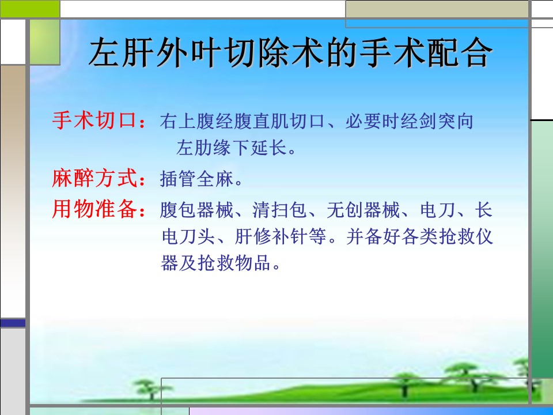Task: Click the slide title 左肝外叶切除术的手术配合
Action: (290, 53)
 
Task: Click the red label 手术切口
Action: (94, 120)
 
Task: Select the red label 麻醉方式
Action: (94, 178)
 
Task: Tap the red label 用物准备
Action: (94, 209)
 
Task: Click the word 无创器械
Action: (363, 210)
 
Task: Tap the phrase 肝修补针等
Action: (281, 236)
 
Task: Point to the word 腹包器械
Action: (196, 210)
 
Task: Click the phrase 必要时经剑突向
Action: (409, 121)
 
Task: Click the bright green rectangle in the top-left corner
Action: (30, 9)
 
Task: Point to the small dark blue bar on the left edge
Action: (13, 323)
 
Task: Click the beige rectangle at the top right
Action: (437, 9)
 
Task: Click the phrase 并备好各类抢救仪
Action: (419, 236)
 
